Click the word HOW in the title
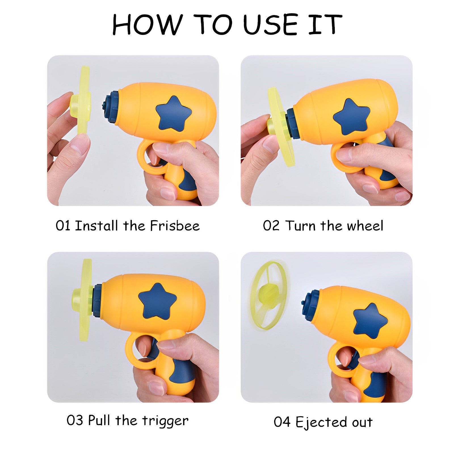coord(147,25)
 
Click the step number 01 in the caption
coord(63,226)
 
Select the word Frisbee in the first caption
coord(175,226)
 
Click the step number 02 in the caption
coord(271,226)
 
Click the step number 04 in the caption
coord(282,422)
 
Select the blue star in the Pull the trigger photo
coord(157,301)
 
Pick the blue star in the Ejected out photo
coord(370,321)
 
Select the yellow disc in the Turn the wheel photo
coord(281,127)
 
